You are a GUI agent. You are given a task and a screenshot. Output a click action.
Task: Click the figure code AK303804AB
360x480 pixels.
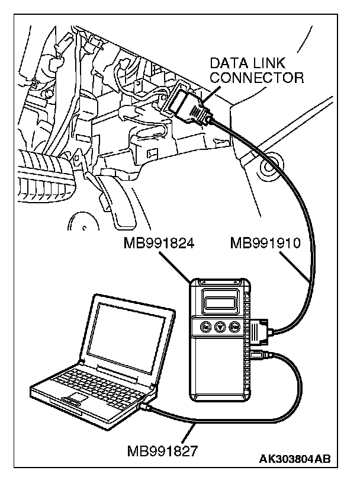pyautogui.click(x=294, y=458)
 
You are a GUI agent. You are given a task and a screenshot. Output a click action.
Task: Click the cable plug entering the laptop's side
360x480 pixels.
pyautogui.click(x=146, y=407)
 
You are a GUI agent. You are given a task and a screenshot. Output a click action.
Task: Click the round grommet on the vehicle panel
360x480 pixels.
pyautogui.click(x=269, y=167)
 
